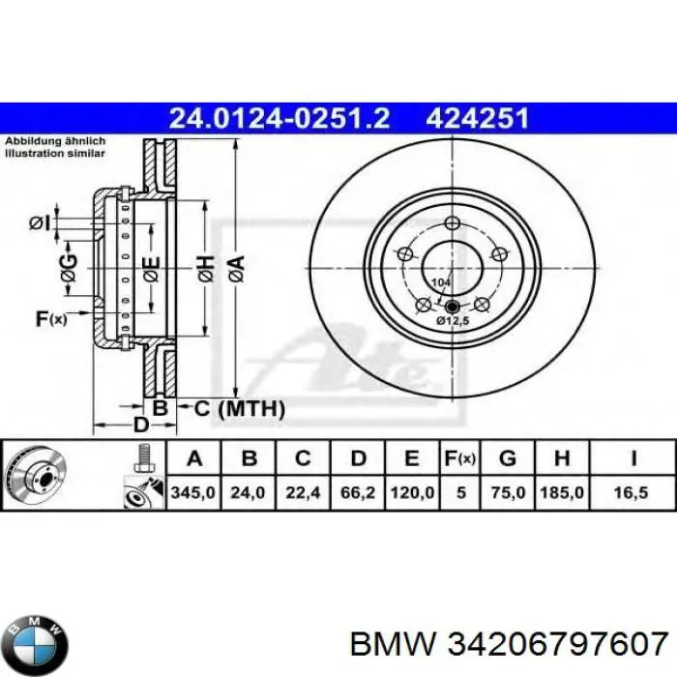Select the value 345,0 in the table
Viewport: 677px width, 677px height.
click(x=189, y=492)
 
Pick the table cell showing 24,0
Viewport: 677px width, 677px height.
click(x=247, y=492)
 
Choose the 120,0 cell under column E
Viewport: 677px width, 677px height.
click(x=413, y=492)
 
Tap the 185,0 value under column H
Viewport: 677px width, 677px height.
click(x=563, y=492)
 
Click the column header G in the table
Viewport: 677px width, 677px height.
click(x=508, y=457)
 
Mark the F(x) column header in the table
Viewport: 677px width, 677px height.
click(x=459, y=457)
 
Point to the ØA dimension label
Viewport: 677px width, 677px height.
click(x=236, y=263)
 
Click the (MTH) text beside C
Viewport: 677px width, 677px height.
click(x=250, y=410)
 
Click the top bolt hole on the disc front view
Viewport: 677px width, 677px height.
click(x=452, y=225)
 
